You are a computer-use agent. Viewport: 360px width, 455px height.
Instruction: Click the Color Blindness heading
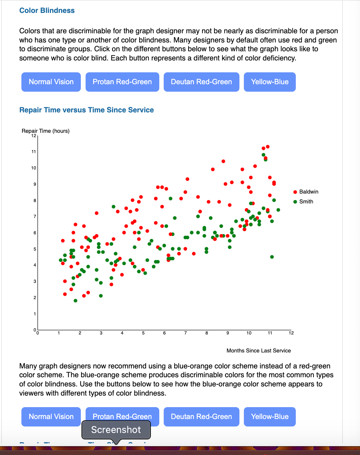pyautogui.click(x=47, y=11)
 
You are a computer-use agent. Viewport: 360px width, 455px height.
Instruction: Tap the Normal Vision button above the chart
pyautogui.click(x=51, y=82)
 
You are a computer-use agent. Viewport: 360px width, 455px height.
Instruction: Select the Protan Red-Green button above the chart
pyautogui.click(x=122, y=82)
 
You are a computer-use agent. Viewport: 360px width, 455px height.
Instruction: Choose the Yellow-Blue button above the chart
pyautogui.click(x=270, y=82)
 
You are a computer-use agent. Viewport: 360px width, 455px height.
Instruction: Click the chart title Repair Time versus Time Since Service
pyautogui.click(x=87, y=110)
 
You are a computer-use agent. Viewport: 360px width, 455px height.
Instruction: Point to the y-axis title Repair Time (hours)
pyautogui.click(x=46, y=131)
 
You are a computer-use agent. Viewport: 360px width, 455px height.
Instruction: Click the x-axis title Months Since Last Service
pyautogui.click(x=258, y=351)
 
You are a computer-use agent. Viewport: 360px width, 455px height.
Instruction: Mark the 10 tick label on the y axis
pyautogui.click(x=34, y=168)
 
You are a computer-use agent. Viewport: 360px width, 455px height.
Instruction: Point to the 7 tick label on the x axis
pyautogui.click(x=185, y=333)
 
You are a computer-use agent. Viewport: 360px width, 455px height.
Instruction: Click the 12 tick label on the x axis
pyautogui.click(x=291, y=333)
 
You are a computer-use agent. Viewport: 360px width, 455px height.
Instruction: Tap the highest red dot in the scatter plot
pyautogui.click(x=268, y=147)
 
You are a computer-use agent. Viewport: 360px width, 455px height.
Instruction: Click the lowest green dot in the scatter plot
pyautogui.click(x=75, y=301)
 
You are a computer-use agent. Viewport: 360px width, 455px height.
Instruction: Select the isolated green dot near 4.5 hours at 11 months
pyautogui.click(x=272, y=257)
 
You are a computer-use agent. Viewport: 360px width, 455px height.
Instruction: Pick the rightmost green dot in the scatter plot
pyautogui.click(x=278, y=210)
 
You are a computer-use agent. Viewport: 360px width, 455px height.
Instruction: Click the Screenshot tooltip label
pyautogui.click(x=116, y=430)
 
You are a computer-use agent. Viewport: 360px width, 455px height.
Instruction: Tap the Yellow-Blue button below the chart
pyautogui.click(x=270, y=417)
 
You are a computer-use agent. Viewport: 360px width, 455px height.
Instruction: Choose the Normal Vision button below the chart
pyautogui.click(x=51, y=417)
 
